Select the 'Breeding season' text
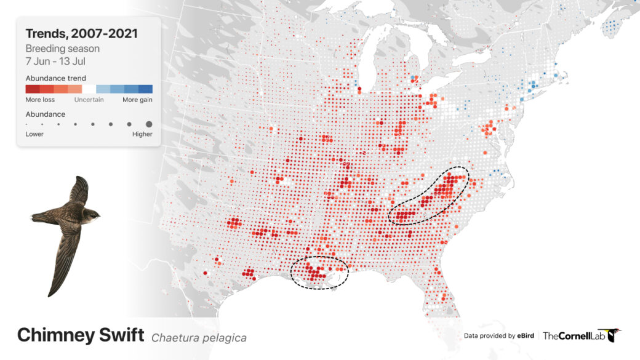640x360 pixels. pos(62,49)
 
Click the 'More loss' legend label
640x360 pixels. pos(41,100)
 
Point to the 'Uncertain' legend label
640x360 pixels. pos(89,100)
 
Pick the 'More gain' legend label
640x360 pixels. pos(137,100)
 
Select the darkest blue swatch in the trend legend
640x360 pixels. pos(145,89)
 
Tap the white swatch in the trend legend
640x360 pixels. pos(89,89)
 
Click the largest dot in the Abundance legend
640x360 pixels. pos(149,124)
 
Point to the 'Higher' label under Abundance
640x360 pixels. pos(142,134)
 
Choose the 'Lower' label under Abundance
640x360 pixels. pos(34,134)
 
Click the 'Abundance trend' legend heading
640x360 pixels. pos(55,78)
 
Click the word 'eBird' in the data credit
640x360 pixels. pos(524,336)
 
